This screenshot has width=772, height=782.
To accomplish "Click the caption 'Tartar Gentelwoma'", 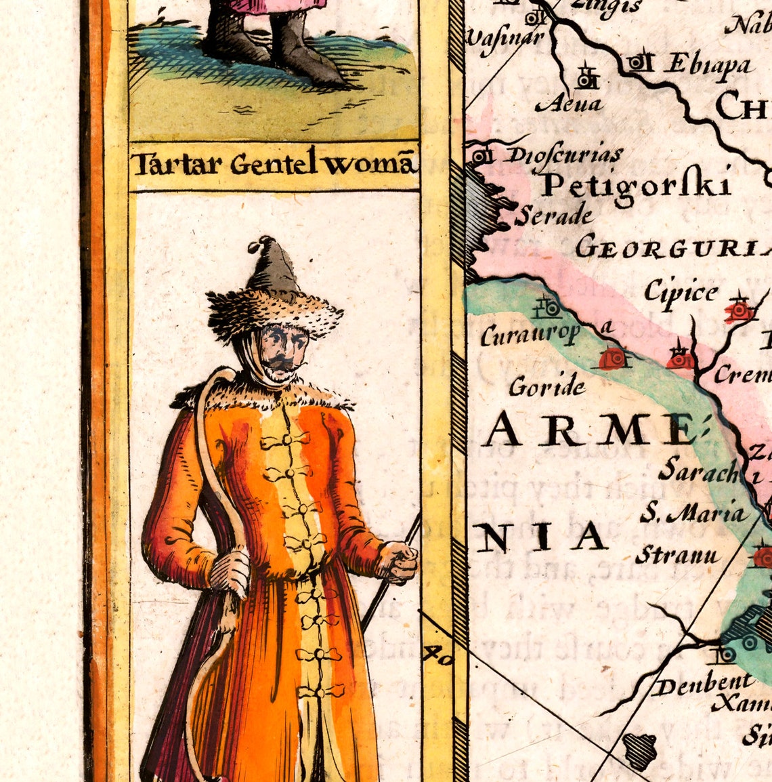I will pos(272,164).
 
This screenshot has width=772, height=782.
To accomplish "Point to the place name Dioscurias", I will pos(563,156).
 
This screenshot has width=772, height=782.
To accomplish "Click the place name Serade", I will pos(553,215).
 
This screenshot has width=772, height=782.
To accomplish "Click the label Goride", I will pos(547,386).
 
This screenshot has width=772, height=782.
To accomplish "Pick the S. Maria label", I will pos(694,514).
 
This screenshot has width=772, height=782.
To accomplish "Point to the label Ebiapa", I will pos(707,64).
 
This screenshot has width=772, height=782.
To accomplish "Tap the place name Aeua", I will pos(568,104).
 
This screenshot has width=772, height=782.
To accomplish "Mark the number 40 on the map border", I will pos(437,655).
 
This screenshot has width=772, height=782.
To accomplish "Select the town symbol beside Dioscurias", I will pos(481,157).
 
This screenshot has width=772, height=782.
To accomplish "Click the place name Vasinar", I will pos(505,37).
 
